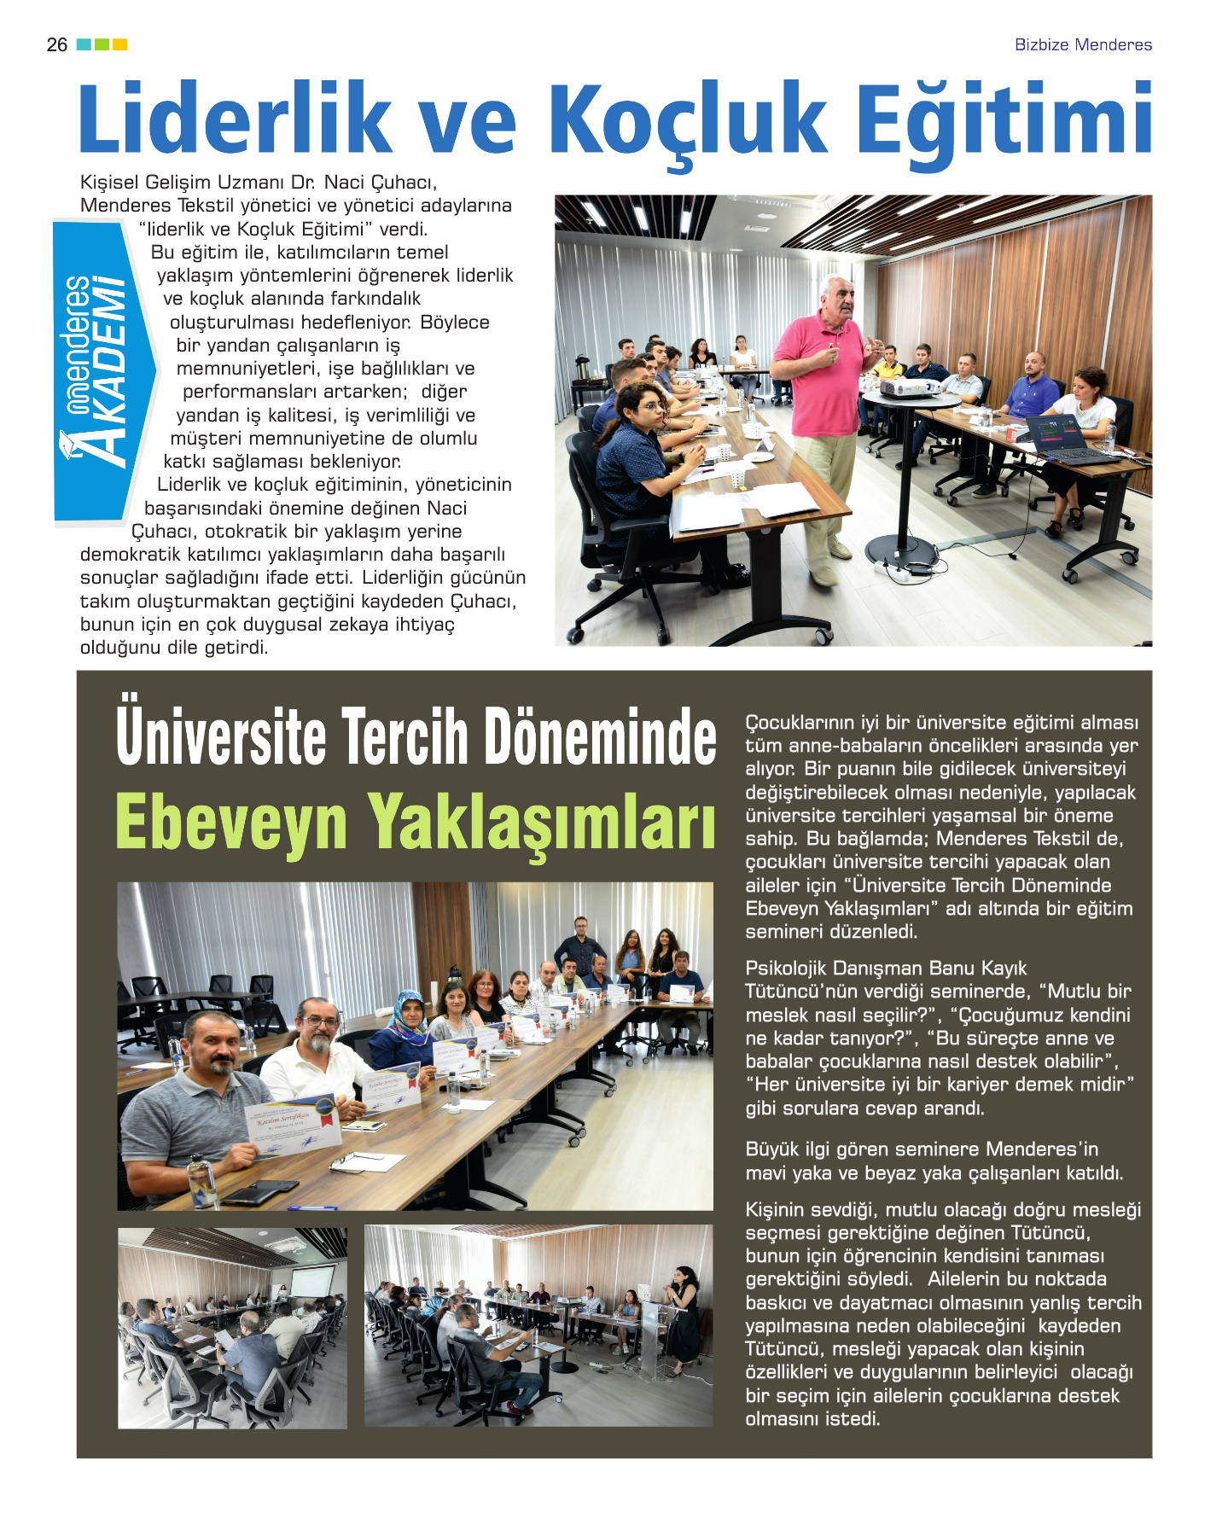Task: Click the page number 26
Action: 56,45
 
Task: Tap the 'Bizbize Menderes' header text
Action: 1082,45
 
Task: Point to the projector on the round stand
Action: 909,388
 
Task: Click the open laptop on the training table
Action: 1066,439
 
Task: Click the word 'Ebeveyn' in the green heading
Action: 230,822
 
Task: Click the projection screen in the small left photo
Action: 311,1283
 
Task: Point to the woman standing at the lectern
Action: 684,1318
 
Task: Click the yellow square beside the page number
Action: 120,44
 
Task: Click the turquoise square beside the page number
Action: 84,44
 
